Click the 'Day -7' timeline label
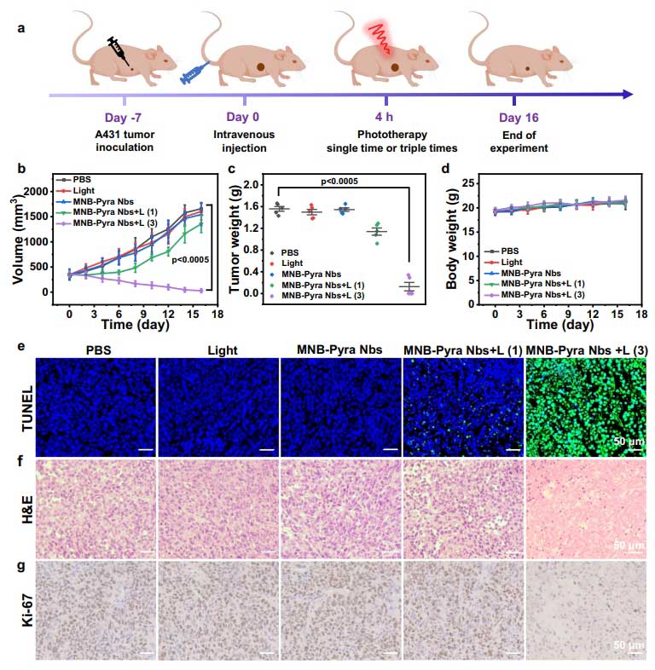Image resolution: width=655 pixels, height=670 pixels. pos(125,118)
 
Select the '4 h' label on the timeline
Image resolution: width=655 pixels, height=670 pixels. pos(387,118)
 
